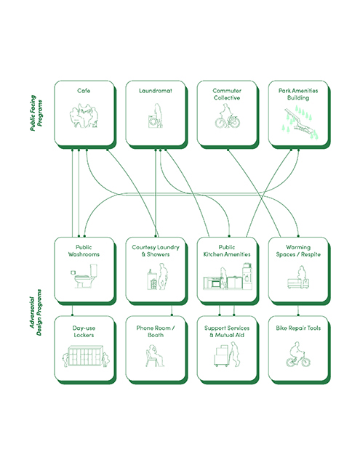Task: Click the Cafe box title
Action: click(84, 91)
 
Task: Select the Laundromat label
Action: click(156, 91)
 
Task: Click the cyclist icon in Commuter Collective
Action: click(227, 116)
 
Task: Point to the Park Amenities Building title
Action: click(298, 94)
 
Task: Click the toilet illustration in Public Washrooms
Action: click(84, 276)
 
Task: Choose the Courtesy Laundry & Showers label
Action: click(156, 251)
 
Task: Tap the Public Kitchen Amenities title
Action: click(227, 251)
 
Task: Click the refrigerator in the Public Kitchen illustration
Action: click(247, 276)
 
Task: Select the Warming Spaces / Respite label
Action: click(298, 251)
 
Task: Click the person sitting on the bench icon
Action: click(299, 277)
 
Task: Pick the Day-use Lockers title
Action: click(84, 331)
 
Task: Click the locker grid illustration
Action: click(86, 356)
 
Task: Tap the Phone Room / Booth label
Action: click(156, 331)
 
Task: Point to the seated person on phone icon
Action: click(154, 355)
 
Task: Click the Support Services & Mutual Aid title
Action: click(227, 331)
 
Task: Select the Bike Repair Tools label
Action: click(298, 328)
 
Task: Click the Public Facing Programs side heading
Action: click(36, 113)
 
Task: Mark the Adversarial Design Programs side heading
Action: click(36, 312)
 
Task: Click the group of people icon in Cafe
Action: click(84, 116)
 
